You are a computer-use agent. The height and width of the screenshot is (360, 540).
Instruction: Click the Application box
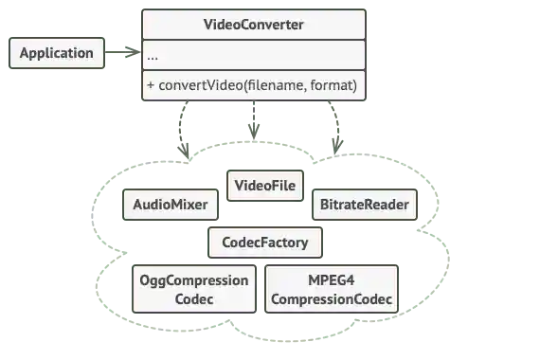tap(57, 53)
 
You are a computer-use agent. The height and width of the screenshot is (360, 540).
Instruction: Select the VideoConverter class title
tap(254, 24)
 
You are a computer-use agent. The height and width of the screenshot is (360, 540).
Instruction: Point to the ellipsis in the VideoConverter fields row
tap(153, 56)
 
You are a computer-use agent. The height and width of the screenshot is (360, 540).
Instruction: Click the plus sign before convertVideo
tap(151, 85)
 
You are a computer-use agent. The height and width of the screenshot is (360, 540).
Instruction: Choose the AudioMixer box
tap(171, 205)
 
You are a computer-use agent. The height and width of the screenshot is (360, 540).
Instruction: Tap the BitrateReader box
tap(364, 205)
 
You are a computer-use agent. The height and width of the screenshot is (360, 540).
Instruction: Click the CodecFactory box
tap(264, 243)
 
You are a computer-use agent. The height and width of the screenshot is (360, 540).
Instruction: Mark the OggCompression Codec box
tap(193, 290)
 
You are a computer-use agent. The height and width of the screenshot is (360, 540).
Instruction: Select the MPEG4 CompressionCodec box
tap(330, 290)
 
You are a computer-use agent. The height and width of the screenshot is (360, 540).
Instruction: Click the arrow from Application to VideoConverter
tap(123, 53)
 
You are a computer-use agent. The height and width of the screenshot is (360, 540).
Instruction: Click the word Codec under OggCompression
tap(193, 299)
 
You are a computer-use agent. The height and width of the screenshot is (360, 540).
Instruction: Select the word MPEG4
tap(330, 281)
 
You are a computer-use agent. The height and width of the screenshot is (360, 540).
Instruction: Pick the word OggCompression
tap(193, 281)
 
